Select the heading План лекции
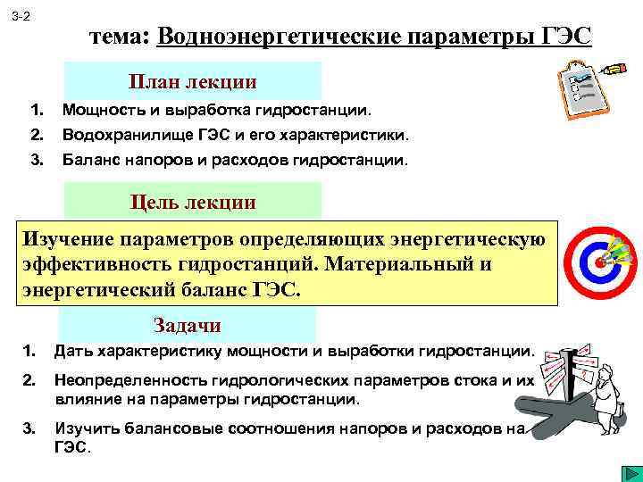pos(193,82)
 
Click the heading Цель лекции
pos(193,202)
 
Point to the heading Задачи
pos(187,325)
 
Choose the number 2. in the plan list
pos(37,136)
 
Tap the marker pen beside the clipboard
pos(615,68)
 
